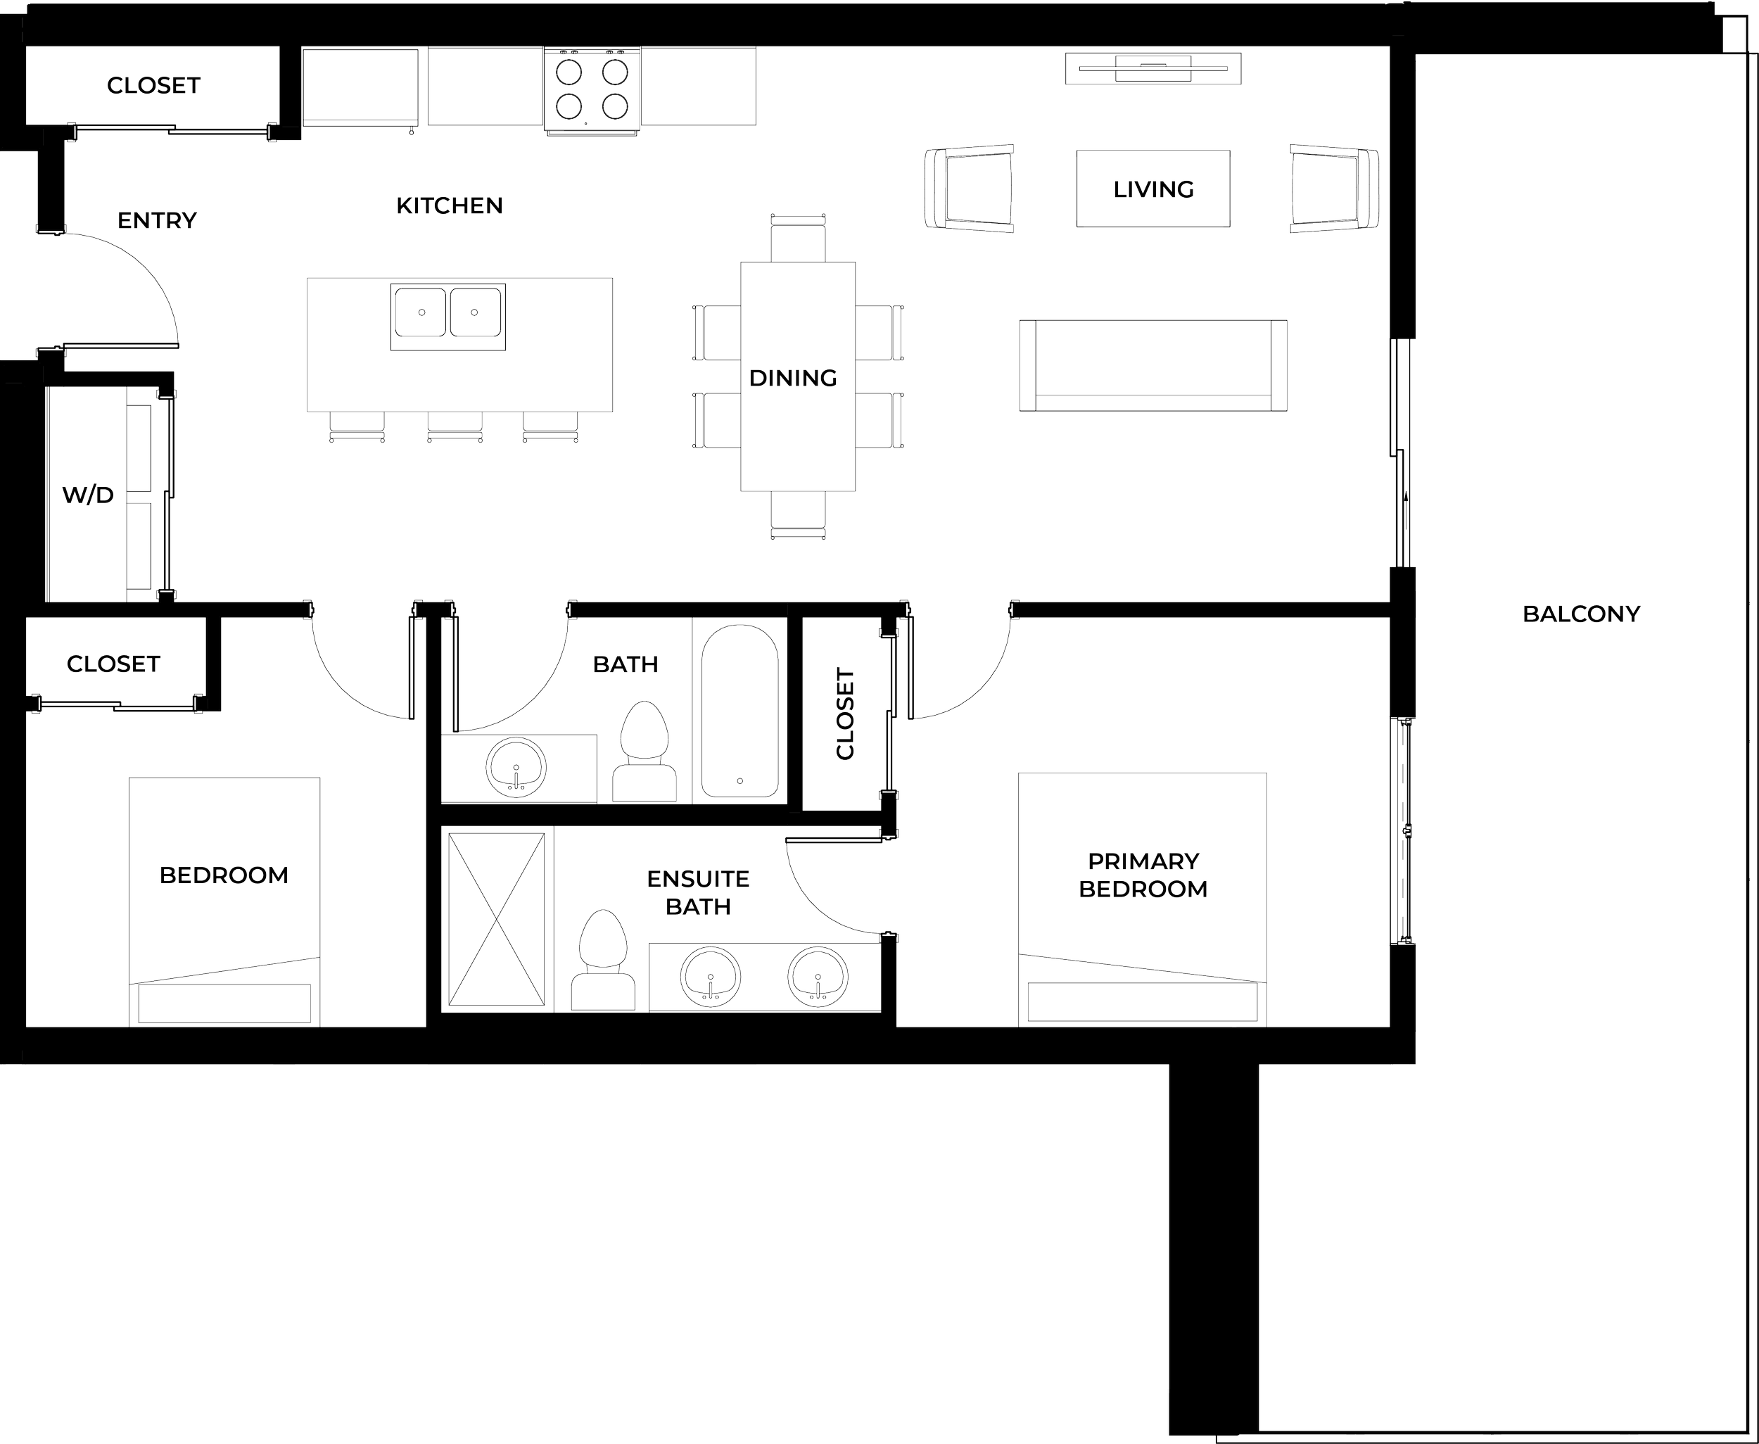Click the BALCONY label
coord(1581,614)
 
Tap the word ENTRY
coord(156,220)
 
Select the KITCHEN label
coord(449,205)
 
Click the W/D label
coord(87,495)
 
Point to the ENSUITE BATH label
coord(699,892)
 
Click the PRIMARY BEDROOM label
coord(1143,874)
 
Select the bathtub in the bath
coord(739,710)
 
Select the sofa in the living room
coord(1153,365)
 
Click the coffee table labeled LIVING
coord(1152,188)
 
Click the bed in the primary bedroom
coord(1143,899)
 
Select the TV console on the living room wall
coord(1153,68)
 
